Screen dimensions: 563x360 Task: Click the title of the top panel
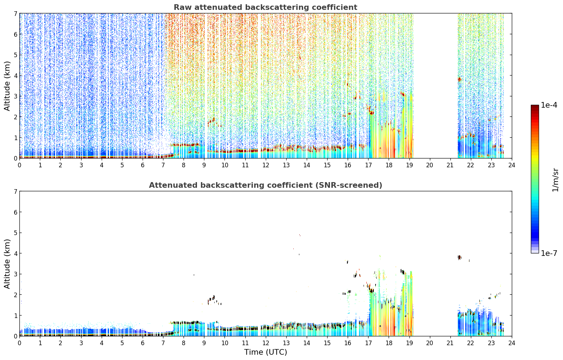point(265,7)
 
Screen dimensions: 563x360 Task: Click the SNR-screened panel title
point(265,185)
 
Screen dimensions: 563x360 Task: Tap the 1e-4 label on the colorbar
point(549,105)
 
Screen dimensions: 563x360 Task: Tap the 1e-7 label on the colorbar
point(549,253)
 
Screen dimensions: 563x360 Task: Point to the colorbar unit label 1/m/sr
point(555,180)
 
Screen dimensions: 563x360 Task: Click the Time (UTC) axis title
point(265,352)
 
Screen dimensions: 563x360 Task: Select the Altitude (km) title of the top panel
point(7,86)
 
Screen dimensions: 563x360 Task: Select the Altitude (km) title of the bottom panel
point(7,264)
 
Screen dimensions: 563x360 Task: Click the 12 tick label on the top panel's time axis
point(266,165)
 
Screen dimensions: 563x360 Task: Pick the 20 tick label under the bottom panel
point(430,343)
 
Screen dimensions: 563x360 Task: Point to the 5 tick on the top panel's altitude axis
point(15,55)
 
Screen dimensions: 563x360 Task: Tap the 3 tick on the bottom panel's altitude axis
point(15,274)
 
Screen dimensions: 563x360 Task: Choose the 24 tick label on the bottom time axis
point(512,343)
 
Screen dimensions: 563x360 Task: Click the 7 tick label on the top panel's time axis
point(163,165)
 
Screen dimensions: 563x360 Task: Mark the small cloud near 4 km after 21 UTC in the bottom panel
point(460,257)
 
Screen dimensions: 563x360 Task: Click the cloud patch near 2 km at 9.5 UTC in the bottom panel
point(212,300)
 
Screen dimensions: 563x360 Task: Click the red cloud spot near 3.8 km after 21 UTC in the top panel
point(460,79)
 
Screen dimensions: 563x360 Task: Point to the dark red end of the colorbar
point(535,107)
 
